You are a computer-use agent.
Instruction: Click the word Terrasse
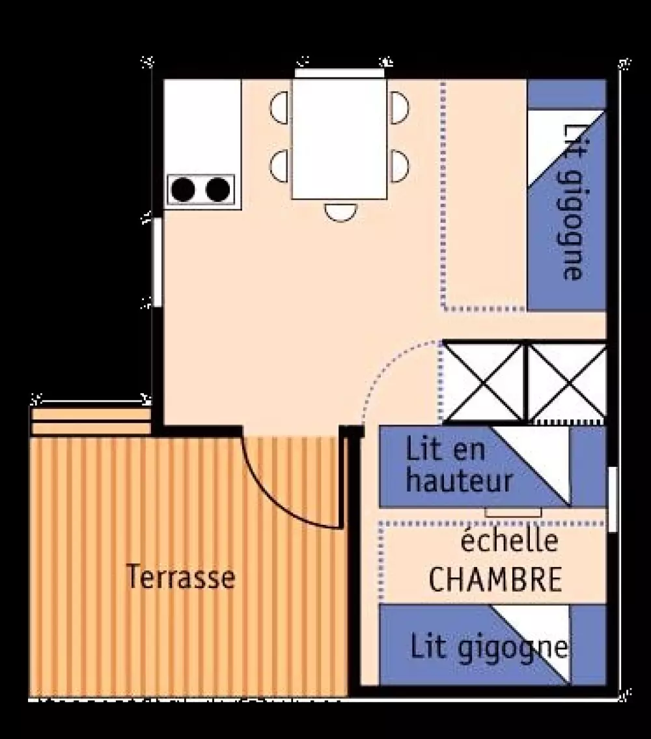coord(180,577)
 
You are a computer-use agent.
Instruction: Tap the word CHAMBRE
coord(495,579)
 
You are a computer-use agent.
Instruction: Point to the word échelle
coord(509,542)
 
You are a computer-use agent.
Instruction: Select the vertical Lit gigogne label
coord(572,202)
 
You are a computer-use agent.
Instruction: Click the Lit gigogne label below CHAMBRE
coord(487,647)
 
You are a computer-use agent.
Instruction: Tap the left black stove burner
coord(184,189)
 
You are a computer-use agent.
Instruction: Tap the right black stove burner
coord(218,189)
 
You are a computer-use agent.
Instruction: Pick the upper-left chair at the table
coord(280,108)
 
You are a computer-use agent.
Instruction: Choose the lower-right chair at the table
coord(398,165)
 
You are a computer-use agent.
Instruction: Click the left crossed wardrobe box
coord(484,382)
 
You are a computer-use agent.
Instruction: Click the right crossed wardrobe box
coord(566,382)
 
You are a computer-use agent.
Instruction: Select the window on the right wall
coord(613,499)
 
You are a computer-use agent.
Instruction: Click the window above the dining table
coord(339,72)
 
